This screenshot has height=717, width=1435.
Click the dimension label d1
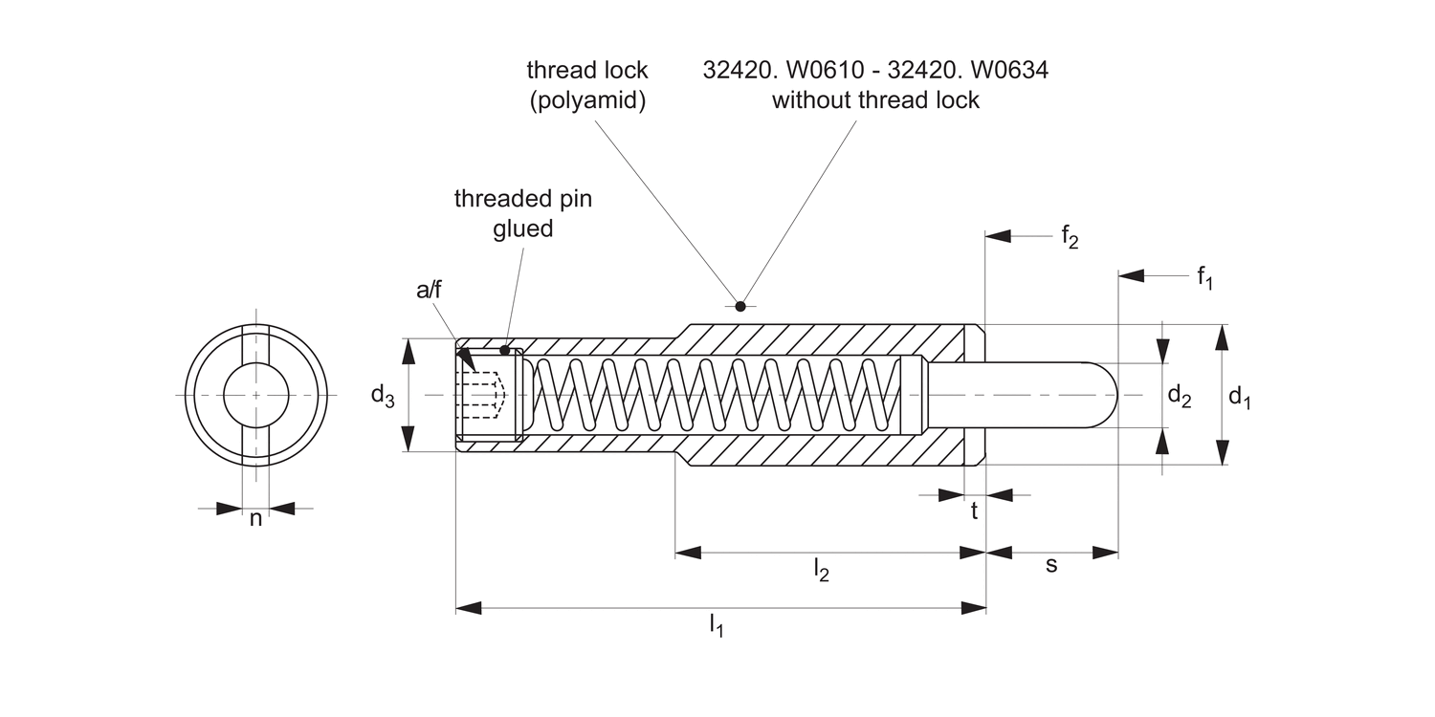pos(1239,397)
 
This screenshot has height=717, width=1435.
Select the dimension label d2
pos(1179,397)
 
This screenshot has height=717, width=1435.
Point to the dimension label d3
pos(383,395)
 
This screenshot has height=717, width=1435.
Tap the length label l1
pos(716,627)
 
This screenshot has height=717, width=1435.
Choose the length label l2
pos(821,572)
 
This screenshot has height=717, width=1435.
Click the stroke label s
pos(1051,565)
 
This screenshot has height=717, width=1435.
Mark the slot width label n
pos(255,519)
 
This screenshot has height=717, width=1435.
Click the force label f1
pos(1204,278)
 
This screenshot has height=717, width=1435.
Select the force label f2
pos(1070,238)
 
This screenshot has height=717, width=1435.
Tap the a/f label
pos(430,290)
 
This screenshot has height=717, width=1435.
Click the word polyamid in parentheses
pos(587,100)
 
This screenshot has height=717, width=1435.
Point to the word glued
pos(522,229)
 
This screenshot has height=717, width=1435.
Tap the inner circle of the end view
pos(255,395)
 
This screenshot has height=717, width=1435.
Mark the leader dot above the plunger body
pos(740,306)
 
